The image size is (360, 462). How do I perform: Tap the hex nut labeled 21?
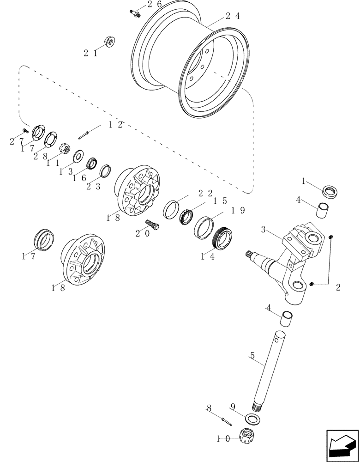[110, 42]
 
